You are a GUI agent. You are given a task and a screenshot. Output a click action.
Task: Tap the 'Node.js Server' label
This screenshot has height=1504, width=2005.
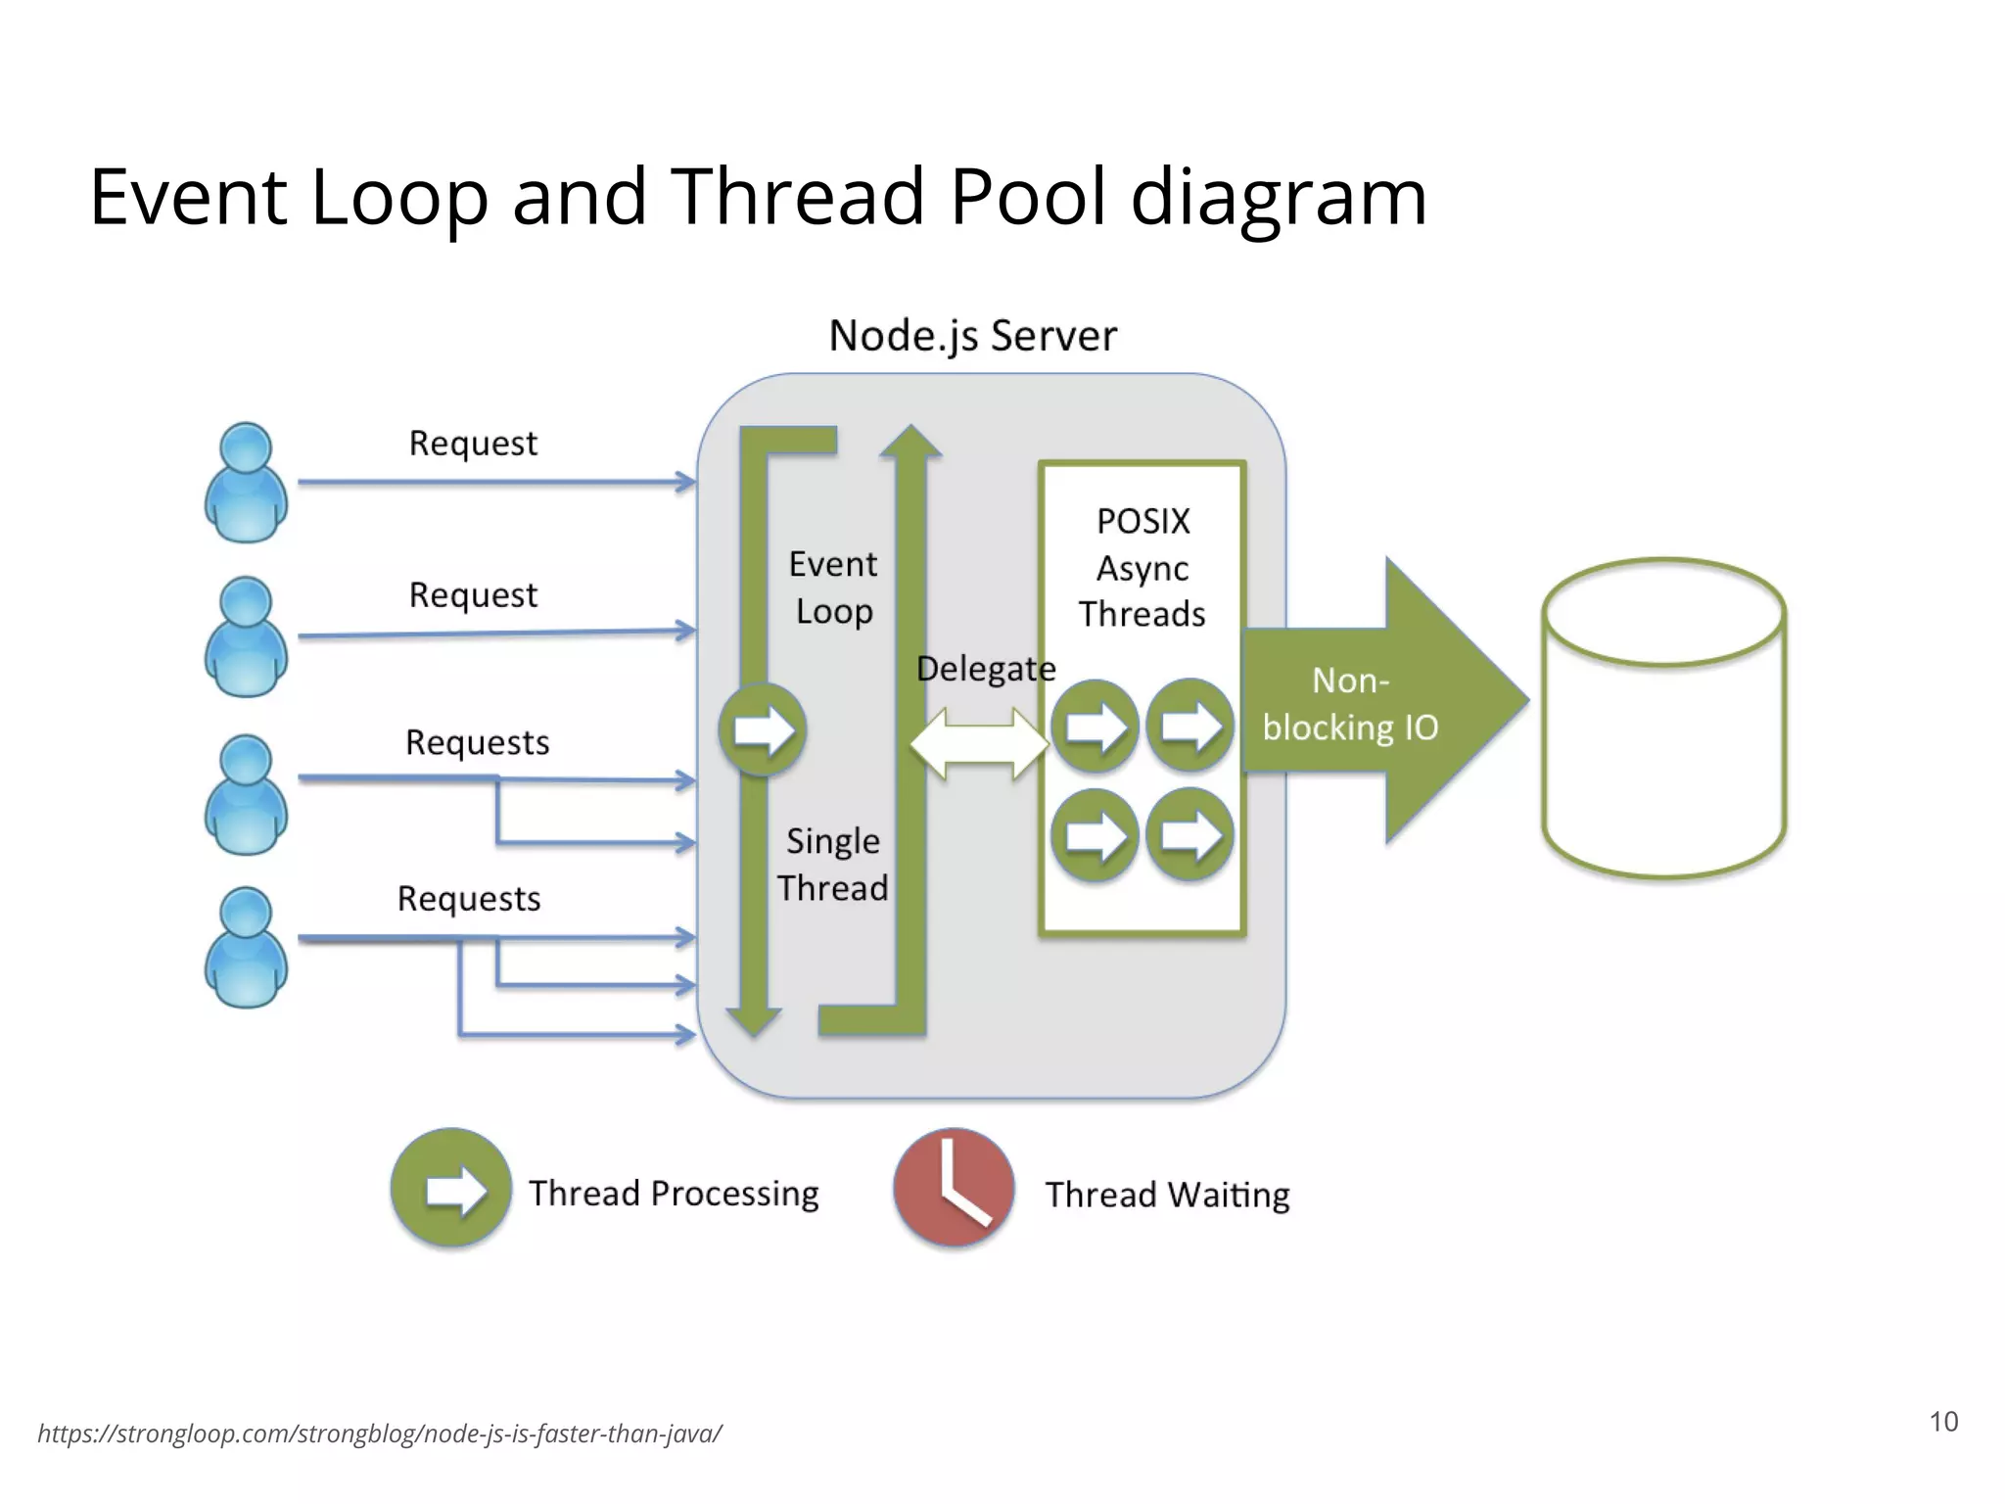point(972,336)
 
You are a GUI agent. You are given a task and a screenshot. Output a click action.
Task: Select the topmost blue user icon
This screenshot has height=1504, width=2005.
point(246,483)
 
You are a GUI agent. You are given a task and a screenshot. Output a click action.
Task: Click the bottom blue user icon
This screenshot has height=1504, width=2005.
point(246,947)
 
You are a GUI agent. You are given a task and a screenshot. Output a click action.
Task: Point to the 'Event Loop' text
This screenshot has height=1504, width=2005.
point(833,587)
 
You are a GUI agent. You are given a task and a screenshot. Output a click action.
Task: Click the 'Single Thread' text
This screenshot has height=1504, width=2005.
point(833,865)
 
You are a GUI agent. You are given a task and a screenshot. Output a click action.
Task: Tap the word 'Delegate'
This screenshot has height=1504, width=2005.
point(985,669)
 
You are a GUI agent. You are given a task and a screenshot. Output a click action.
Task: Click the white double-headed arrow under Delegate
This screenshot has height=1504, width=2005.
point(979,744)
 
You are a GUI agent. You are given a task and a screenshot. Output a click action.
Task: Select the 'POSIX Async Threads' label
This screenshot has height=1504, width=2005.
point(1142,568)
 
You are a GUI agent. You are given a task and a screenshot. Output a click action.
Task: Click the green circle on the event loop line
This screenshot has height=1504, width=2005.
point(763,729)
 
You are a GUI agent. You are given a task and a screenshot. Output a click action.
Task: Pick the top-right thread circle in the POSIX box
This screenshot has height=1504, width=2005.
point(1189,727)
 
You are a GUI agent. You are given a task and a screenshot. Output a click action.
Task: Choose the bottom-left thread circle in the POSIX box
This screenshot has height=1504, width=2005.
point(1095,835)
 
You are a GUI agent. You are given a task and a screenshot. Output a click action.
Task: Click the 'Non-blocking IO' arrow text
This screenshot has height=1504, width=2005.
point(1351,704)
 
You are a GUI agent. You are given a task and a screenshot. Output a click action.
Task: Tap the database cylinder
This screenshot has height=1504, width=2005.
point(1663,720)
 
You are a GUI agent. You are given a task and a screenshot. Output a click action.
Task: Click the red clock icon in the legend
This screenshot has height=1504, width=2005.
point(954,1188)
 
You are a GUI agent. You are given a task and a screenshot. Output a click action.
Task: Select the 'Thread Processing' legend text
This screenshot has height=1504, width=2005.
point(674,1194)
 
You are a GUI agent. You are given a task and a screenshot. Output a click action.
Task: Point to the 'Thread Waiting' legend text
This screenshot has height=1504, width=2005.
point(1167,1195)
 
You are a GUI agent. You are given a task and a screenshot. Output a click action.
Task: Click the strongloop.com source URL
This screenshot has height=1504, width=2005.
point(380,1433)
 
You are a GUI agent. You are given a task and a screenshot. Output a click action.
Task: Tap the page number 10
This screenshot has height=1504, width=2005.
point(1943,1422)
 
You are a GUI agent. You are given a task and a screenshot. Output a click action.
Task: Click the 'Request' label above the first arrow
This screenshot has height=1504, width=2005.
point(473,444)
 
